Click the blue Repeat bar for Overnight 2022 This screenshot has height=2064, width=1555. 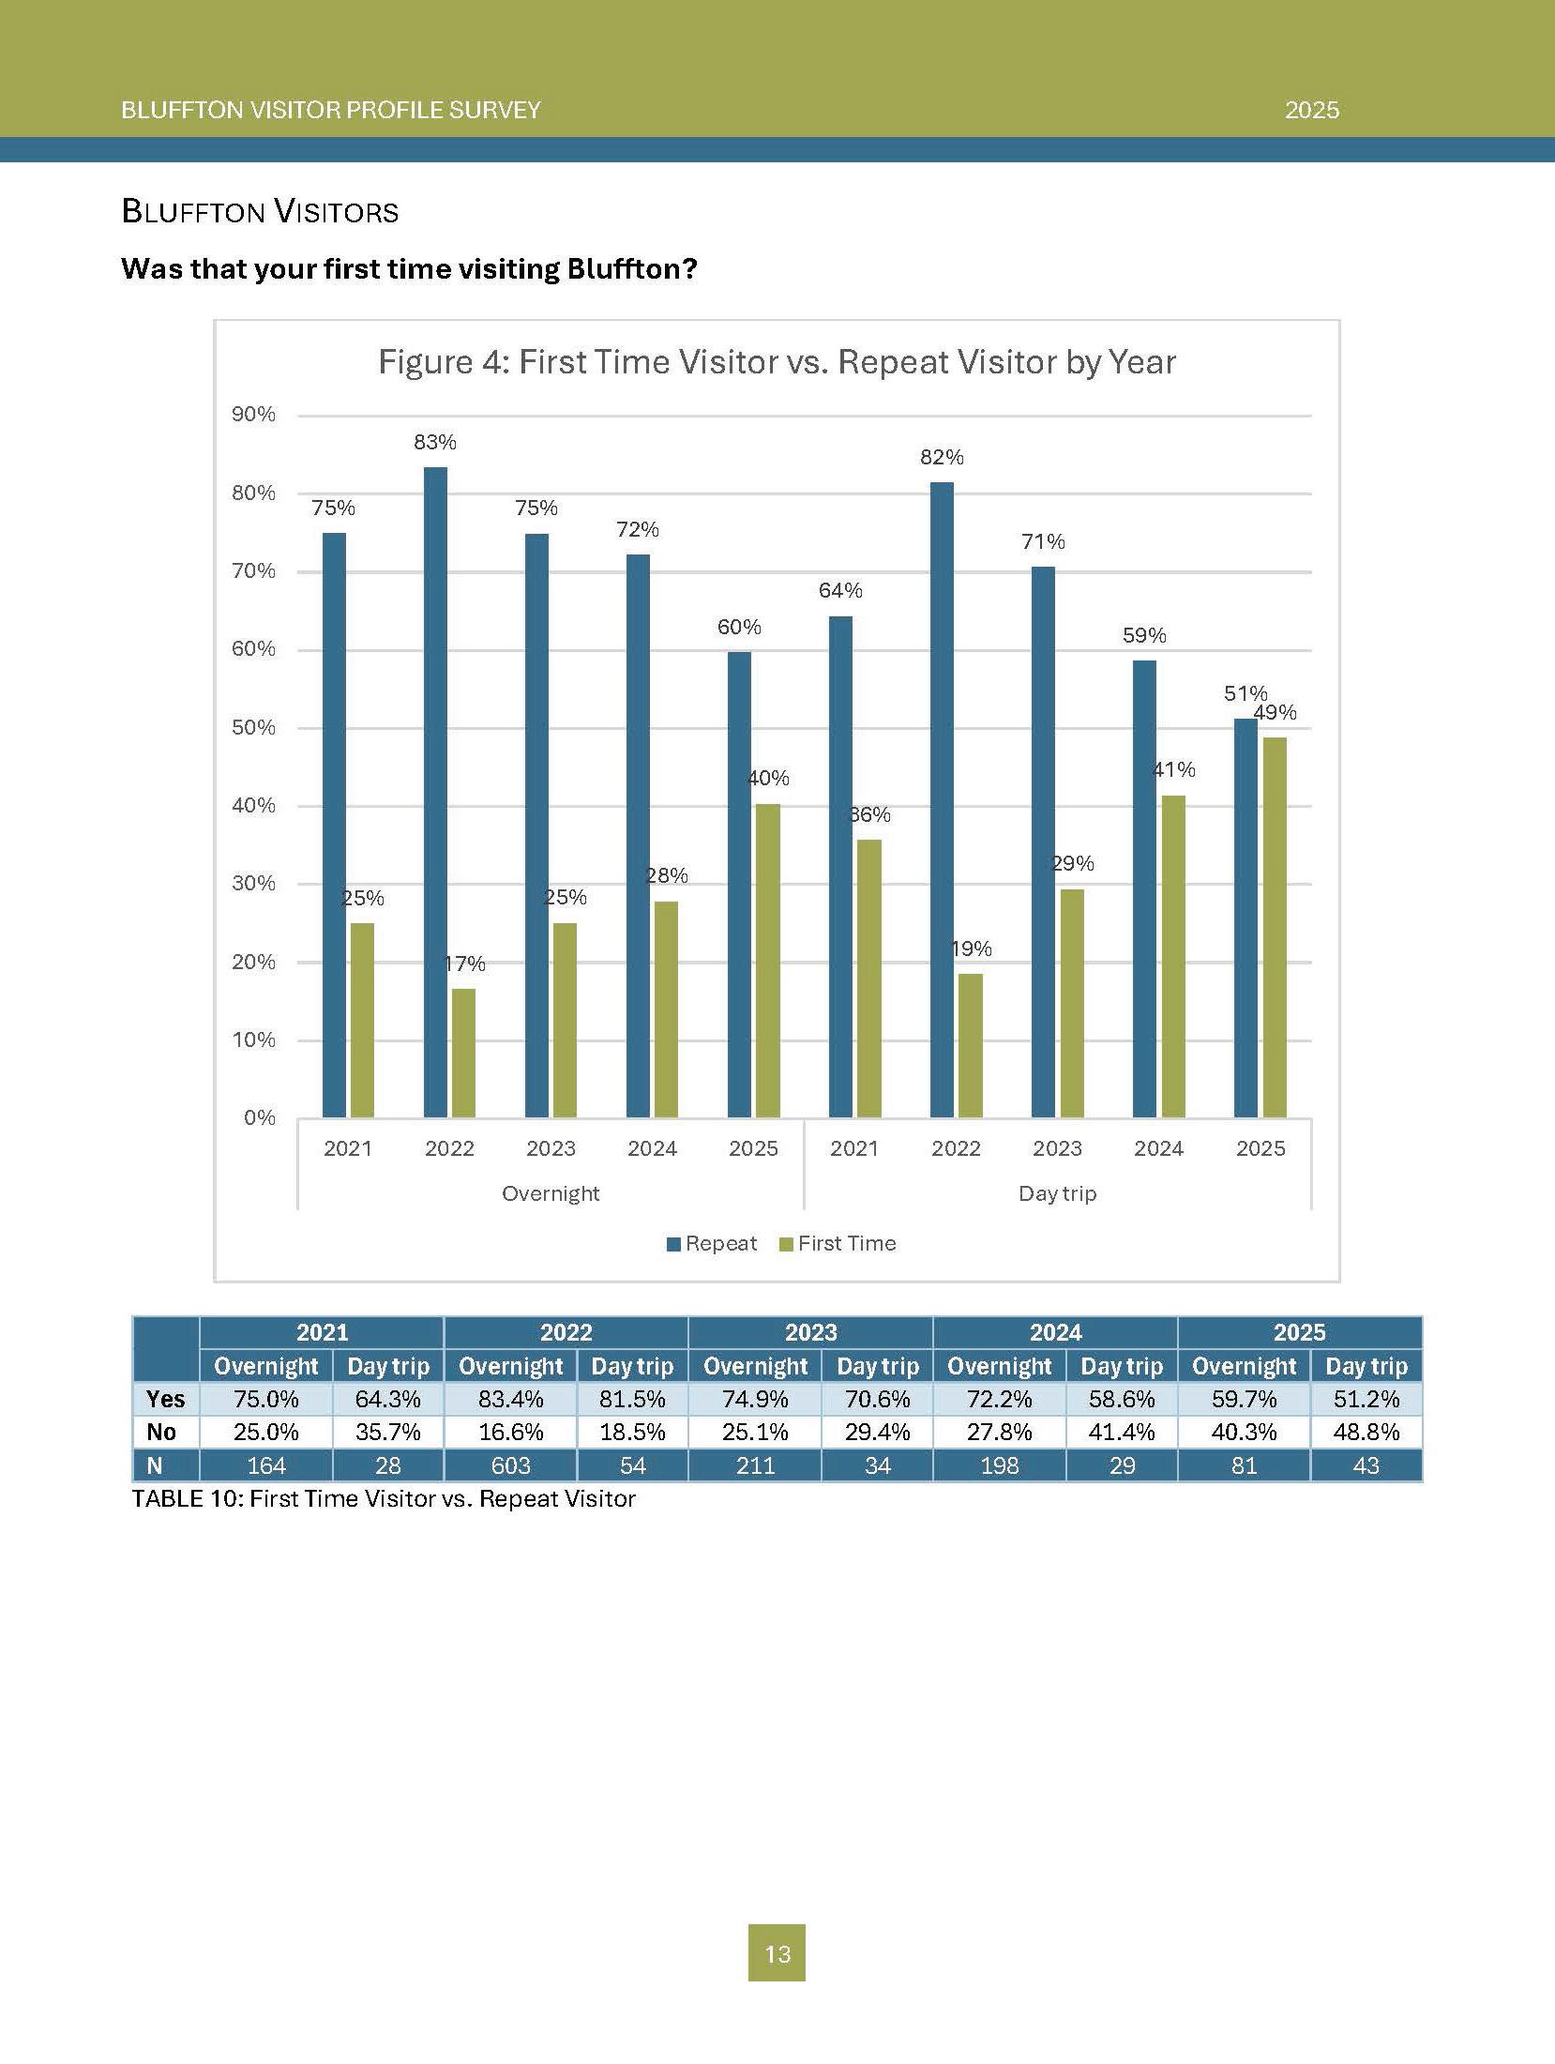(x=435, y=793)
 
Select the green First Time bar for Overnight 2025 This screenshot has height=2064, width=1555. (x=767, y=961)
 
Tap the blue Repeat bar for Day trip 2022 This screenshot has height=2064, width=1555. (x=942, y=800)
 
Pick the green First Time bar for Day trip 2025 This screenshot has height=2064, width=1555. (x=1274, y=928)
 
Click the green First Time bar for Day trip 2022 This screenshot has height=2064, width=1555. (x=971, y=1046)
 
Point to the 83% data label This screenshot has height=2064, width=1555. (x=435, y=442)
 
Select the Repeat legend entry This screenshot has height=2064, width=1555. (x=712, y=1244)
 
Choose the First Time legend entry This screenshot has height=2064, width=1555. (x=838, y=1244)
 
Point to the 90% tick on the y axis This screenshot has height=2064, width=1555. (x=253, y=415)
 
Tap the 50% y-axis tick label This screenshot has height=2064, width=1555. (x=253, y=728)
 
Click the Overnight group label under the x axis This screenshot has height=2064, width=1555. (x=551, y=1193)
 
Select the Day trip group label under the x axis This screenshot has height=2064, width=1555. (x=1058, y=1193)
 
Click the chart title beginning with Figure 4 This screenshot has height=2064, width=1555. (x=777, y=362)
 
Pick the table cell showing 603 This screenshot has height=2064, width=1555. (x=511, y=1465)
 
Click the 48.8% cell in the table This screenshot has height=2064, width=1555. (x=1366, y=1433)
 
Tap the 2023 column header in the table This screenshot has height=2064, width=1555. (x=810, y=1332)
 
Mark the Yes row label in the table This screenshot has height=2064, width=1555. (x=165, y=1399)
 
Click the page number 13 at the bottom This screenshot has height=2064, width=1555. (x=777, y=1954)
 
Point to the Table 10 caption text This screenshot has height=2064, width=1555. (x=384, y=1498)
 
